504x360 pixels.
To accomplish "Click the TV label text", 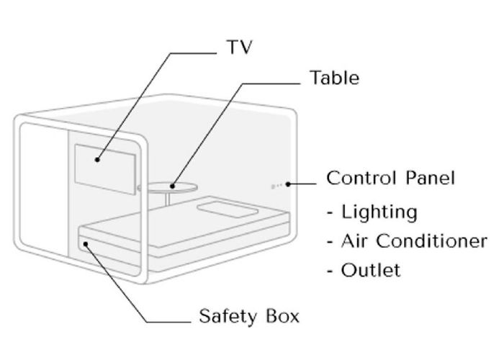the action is click(x=240, y=47).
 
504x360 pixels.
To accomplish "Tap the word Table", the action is click(x=334, y=78).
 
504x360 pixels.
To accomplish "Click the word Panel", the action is click(x=430, y=178).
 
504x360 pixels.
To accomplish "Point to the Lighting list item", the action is click(x=372, y=212).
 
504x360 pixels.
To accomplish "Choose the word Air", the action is click(x=354, y=240).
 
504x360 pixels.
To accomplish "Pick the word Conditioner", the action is click(x=432, y=240).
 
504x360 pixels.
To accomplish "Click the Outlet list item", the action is click(x=364, y=270).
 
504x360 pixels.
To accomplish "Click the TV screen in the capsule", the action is click(x=105, y=169).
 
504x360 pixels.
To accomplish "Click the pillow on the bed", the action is click(x=228, y=210).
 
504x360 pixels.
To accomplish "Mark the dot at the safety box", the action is click(x=86, y=244).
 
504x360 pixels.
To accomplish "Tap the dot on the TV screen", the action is click(x=97, y=159).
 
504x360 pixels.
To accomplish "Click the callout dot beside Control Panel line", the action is click(x=288, y=184).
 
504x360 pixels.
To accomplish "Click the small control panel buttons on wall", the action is click(x=276, y=186).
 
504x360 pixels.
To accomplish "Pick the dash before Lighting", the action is click(x=330, y=212).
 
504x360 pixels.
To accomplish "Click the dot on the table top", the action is click(x=173, y=186).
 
